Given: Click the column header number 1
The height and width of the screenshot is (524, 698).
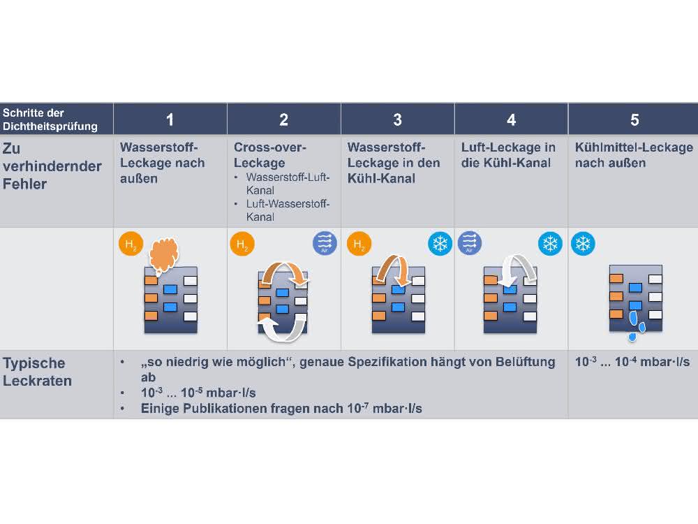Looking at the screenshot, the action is click(170, 120).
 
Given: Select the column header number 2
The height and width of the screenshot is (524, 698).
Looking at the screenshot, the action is click(283, 120).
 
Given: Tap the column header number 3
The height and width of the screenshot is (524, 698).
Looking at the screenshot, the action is click(398, 120).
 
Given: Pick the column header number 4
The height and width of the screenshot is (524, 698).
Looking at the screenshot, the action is click(511, 120).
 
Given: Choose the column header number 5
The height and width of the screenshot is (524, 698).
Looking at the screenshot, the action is click(634, 120).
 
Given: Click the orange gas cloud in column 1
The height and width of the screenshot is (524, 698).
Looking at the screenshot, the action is click(164, 255).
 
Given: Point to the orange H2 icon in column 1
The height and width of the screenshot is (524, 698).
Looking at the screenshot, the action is click(131, 244).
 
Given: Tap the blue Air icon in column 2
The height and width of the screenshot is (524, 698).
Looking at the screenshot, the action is click(325, 243).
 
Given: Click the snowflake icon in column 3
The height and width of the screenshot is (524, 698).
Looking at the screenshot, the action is click(440, 244).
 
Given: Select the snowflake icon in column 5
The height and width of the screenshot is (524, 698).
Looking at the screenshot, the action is click(583, 244).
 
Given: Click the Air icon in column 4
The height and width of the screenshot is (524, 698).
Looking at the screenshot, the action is click(469, 243).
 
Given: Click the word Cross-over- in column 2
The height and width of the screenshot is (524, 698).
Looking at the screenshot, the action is click(270, 147).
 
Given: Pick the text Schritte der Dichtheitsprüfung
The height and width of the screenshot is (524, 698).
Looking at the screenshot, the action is click(50, 119).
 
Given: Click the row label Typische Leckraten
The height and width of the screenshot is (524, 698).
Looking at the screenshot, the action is click(38, 372).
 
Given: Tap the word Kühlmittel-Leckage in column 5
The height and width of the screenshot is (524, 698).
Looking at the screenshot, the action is click(634, 147).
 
